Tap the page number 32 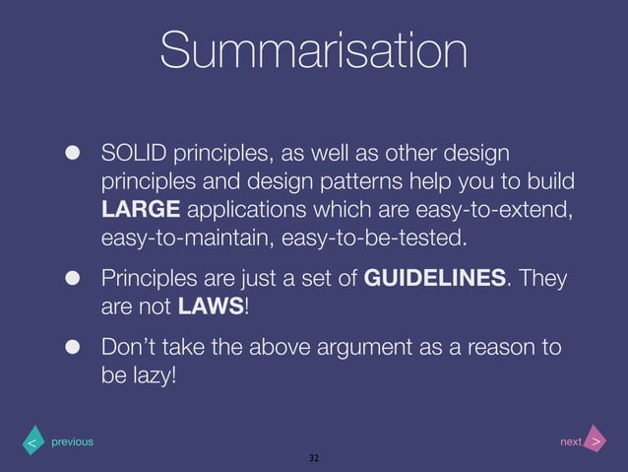tap(314, 459)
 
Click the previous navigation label tap(73, 442)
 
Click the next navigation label tap(571, 442)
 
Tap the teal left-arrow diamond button tap(32, 442)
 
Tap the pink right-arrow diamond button tap(596, 442)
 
